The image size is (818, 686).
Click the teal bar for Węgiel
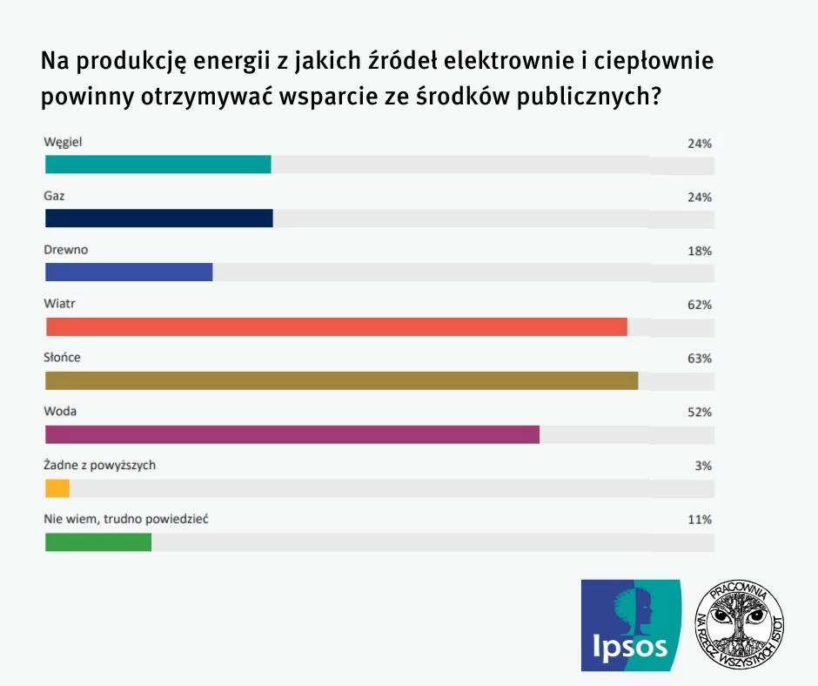[158, 165]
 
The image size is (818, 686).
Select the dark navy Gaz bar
[158, 219]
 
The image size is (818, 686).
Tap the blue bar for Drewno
[129, 272]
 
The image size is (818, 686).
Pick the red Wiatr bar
[336, 326]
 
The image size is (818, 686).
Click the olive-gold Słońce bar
[341, 380]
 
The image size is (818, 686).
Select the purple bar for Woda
[292, 434]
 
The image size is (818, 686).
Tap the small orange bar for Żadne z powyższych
[57, 488]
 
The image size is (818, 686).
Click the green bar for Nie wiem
[98, 541]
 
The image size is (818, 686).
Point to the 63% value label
[700, 358]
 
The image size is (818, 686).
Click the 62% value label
[700, 305]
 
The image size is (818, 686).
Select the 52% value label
[700, 412]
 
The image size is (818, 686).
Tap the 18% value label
[700, 251]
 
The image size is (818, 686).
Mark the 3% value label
[704, 466]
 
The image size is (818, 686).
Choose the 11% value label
[700, 520]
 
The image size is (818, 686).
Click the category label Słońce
[62, 357]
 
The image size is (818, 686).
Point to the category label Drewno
[66, 250]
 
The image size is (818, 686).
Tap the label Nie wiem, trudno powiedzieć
[125, 519]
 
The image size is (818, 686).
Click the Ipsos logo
[631, 625]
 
